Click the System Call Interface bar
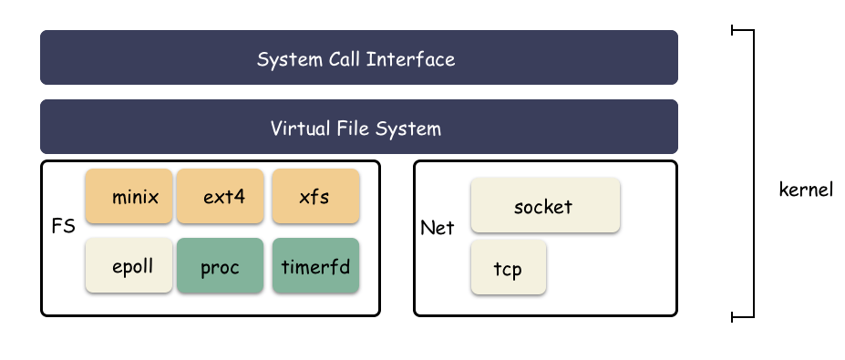coord(359,57)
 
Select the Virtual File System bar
coord(359,127)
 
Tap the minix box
coord(129,196)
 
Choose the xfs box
coord(314,196)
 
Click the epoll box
coord(129,266)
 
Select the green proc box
coord(220,266)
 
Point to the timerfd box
coord(314,266)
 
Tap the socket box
coord(545,205)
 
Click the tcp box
coord(508,267)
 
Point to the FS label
coord(62,225)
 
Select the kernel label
coord(806,191)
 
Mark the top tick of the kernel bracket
coord(743,30)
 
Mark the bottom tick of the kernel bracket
coord(743,317)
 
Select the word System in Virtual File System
coord(411,128)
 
